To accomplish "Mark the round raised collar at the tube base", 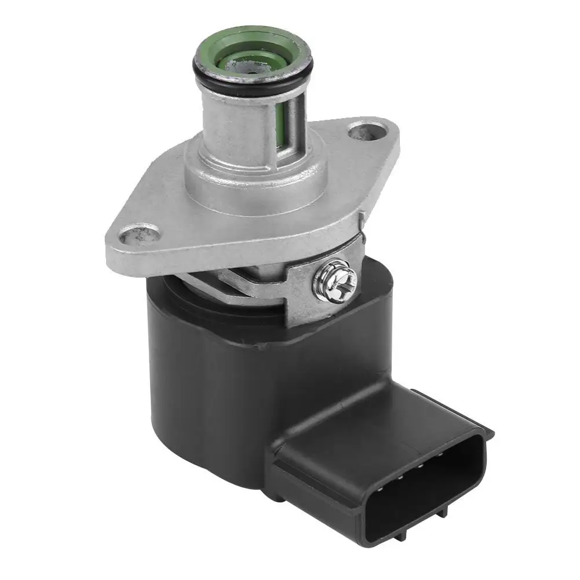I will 255,177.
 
